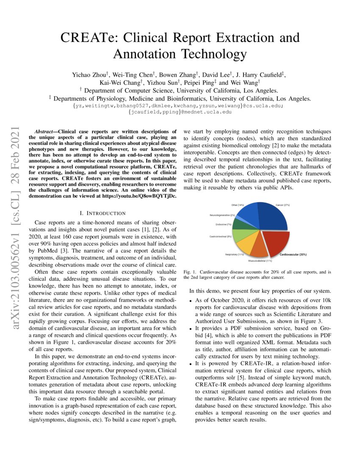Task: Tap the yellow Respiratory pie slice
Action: [x=244, y=245]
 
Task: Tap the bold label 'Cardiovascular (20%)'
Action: [x=293, y=255]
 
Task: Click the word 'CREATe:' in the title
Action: [x=87, y=38]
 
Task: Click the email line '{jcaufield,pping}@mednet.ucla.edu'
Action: [x=180, y=112]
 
